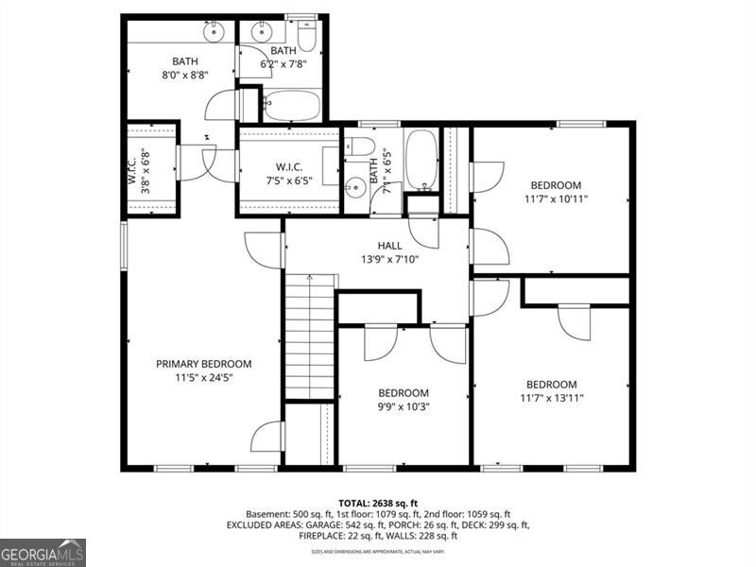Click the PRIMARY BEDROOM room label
[203, 364]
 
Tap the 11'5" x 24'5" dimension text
[203, 377]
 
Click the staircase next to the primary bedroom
[311, 335]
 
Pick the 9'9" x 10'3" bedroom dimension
[404, 406]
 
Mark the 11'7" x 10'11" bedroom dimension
[555, 198]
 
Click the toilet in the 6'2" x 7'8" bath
[306, 36]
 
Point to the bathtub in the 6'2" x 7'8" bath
[292, 104]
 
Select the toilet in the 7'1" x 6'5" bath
[359, 146]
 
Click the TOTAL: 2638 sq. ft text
[377, 503]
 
